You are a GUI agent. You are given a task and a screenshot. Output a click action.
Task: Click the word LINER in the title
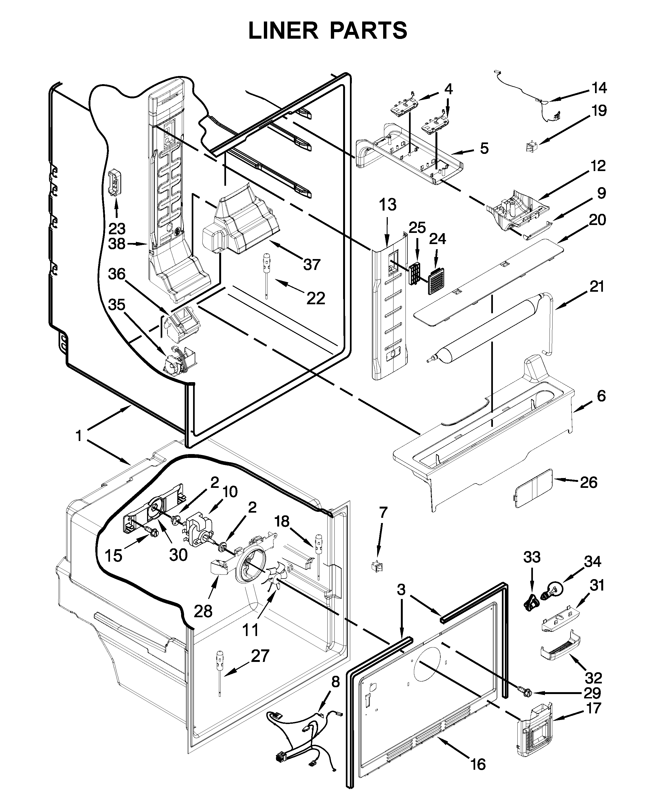point(283,31)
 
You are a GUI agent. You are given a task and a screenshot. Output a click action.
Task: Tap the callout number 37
point(312,264)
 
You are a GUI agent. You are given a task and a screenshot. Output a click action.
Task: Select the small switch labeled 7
point(377,565)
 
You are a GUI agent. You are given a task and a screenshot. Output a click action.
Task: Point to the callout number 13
point(388,205)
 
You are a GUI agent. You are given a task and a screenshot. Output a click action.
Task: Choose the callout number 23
point(117,229)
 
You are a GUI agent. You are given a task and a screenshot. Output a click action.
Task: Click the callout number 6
point(601,396)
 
